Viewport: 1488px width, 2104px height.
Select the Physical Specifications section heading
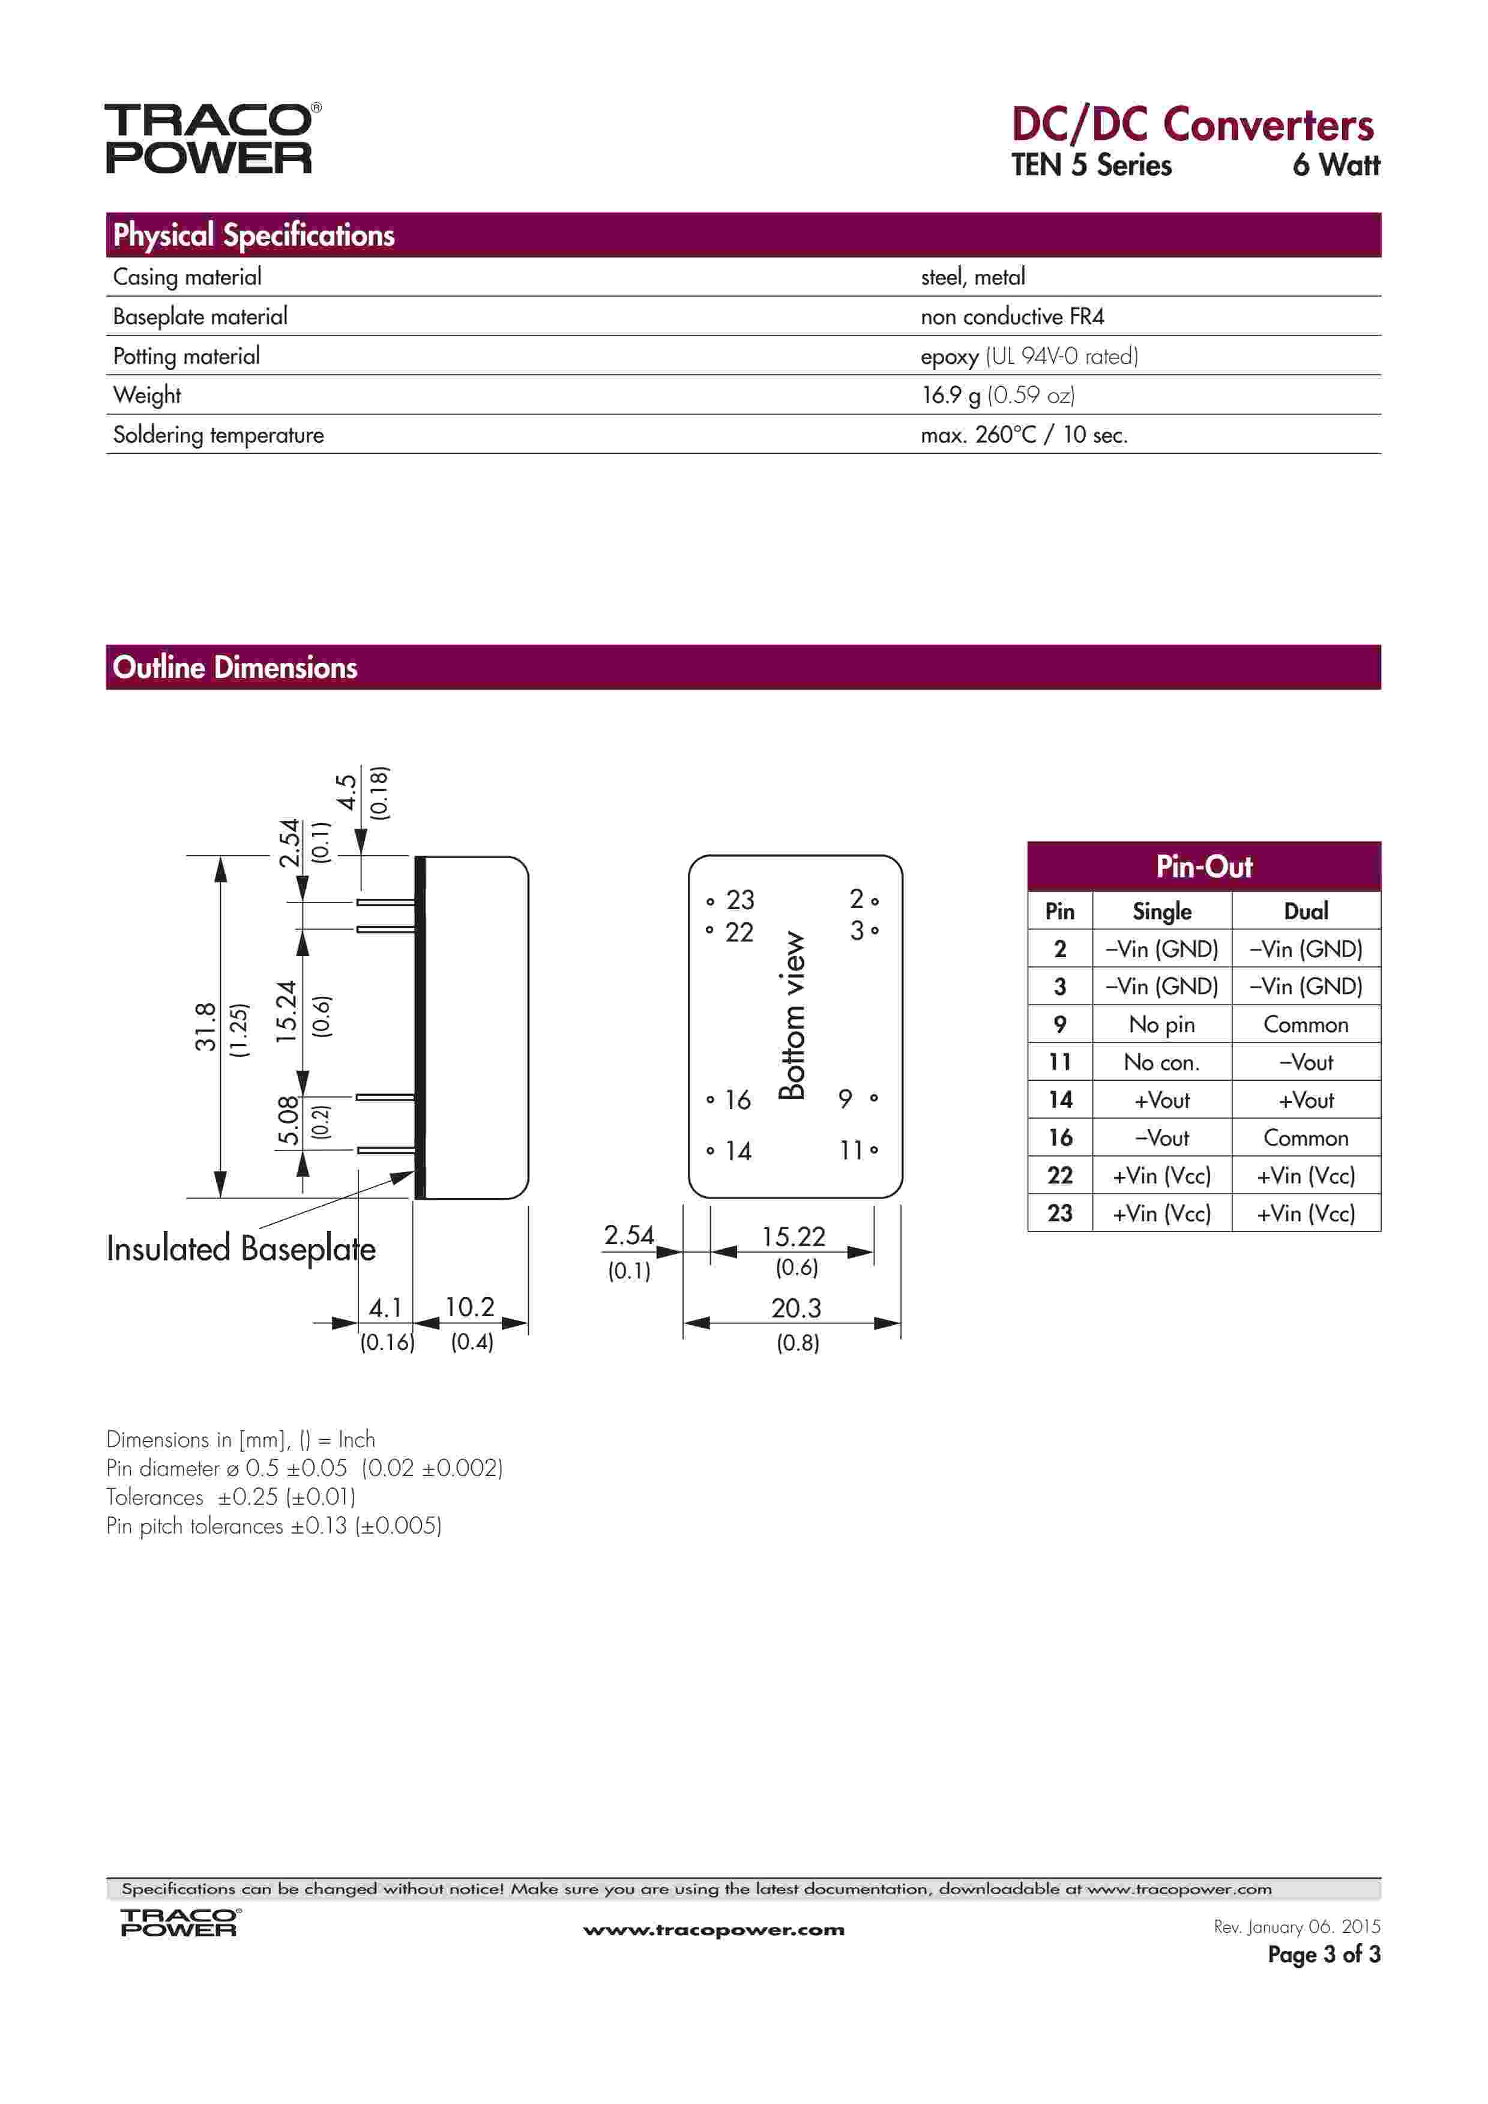(x=254, y=235)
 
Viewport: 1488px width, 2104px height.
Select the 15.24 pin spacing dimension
(x=288, y=1012)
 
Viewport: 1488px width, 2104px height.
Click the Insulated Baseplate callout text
(x=240, y=1248)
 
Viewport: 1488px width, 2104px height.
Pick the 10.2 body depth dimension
(x=469, y=1307)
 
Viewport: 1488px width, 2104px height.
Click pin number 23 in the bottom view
(x=739, y=900)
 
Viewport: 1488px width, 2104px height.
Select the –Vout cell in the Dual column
(x=1305, y=1062)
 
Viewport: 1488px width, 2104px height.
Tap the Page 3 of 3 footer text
(x=1323, y=1954)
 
